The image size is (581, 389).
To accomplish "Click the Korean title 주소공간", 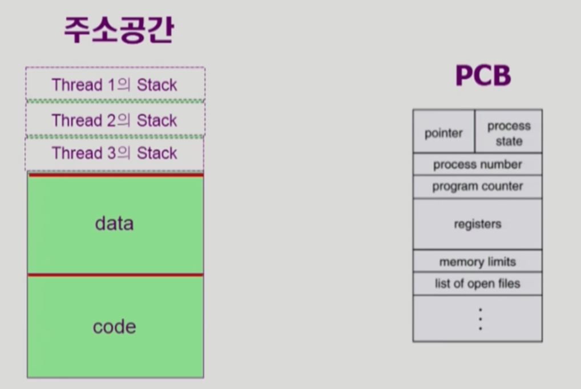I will pyautogui.click(x=118, y=30).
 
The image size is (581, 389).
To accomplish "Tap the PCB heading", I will pyautogui.click(x=482, y=75).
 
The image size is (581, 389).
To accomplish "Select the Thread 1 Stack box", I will pyautogui.click(x=115, y=85).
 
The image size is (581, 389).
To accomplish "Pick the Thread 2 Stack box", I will pyautogui.click(x=115, y=120).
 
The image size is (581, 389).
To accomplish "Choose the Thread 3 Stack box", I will pyautogui.click(x=115, y=153).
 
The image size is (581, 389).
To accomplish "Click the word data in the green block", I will pyautogui.click(x=114, y=223).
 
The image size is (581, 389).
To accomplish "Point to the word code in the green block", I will pyautogui.click(x=114, y=327).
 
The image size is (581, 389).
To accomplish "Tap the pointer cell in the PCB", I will pyautogui.click(x=443, y=133).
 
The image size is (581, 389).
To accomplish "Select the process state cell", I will pyautogui.click(x=509, y=133).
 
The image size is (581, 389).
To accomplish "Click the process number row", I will pyautogui.click(x=477, y=165).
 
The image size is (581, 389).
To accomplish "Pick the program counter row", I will pyautogui.click(x=477, y=187).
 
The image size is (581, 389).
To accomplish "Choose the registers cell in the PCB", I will pyautogui.click(x=477, y=224).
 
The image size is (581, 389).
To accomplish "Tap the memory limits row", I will pyautogui.click(x=477, y=262).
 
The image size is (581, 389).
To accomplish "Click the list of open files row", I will pyautogui.click(x=477, y=283).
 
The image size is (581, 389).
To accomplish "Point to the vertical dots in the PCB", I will pyautogui.click(x=480, y=319).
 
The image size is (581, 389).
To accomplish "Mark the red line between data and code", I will pyautogui.click(x=115, y=275).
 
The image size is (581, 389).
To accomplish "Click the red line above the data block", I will pyautogui.click(x=115, y=175).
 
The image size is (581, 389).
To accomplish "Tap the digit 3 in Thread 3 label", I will pyautogui.click(x=112, y=153).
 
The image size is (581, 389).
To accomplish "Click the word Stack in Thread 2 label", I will pyautogui.click(x=157, y=120).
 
